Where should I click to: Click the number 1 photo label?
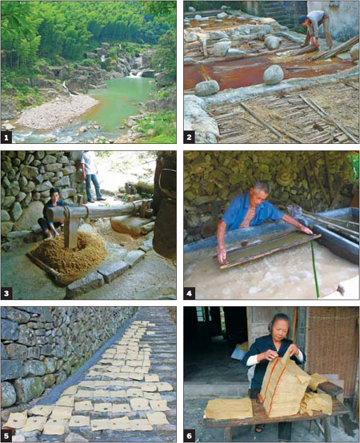coord(6,138)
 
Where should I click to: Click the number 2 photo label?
coord(189,138)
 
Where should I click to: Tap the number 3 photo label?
coord(6,293)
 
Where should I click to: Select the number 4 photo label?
coord(189,293)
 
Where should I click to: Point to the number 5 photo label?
coord(6,437)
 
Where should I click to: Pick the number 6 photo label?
coord(189,437)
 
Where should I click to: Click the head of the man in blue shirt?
coord(262,194)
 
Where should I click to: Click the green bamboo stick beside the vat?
coord(314,269)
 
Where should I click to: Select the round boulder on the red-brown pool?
coord(274,75)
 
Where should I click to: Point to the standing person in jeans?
coord(91,177)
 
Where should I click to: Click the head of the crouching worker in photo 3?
coord(54,194)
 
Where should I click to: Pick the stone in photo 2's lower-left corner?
coord(200,118)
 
